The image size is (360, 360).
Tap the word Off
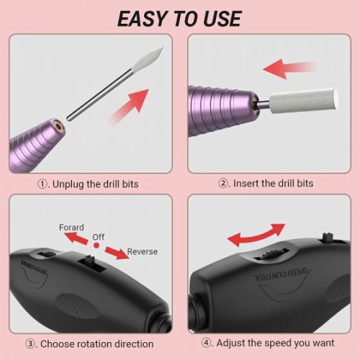(99, 236)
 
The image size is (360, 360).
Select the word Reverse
(142, 252)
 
